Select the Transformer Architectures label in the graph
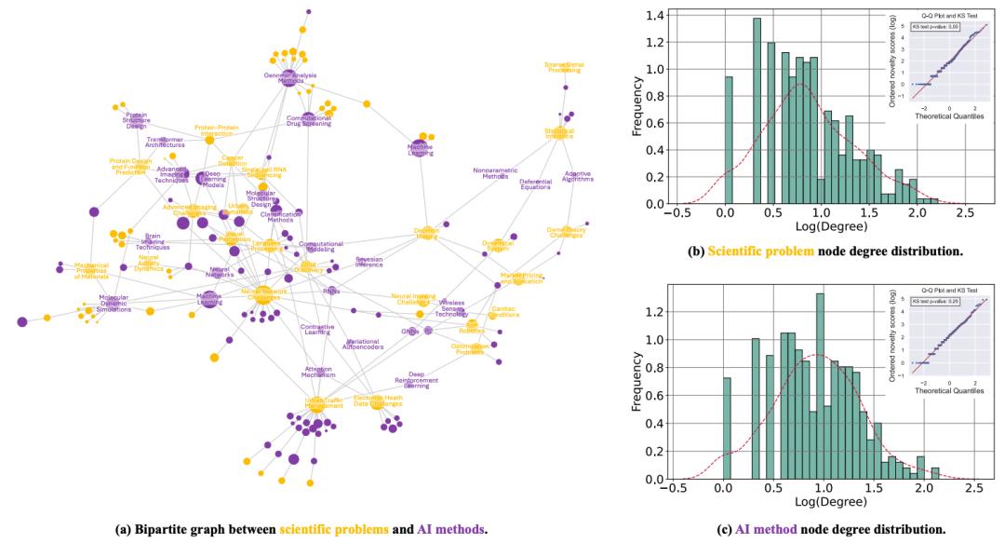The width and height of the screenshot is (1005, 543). [x=165, y=143]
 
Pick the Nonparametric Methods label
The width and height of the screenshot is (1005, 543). [x=490, y=173]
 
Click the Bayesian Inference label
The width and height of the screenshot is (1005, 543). [x=368, y=262]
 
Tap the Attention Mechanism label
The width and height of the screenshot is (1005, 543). [x=317, y=372]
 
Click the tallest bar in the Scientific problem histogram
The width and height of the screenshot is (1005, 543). [x=757, y=110]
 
